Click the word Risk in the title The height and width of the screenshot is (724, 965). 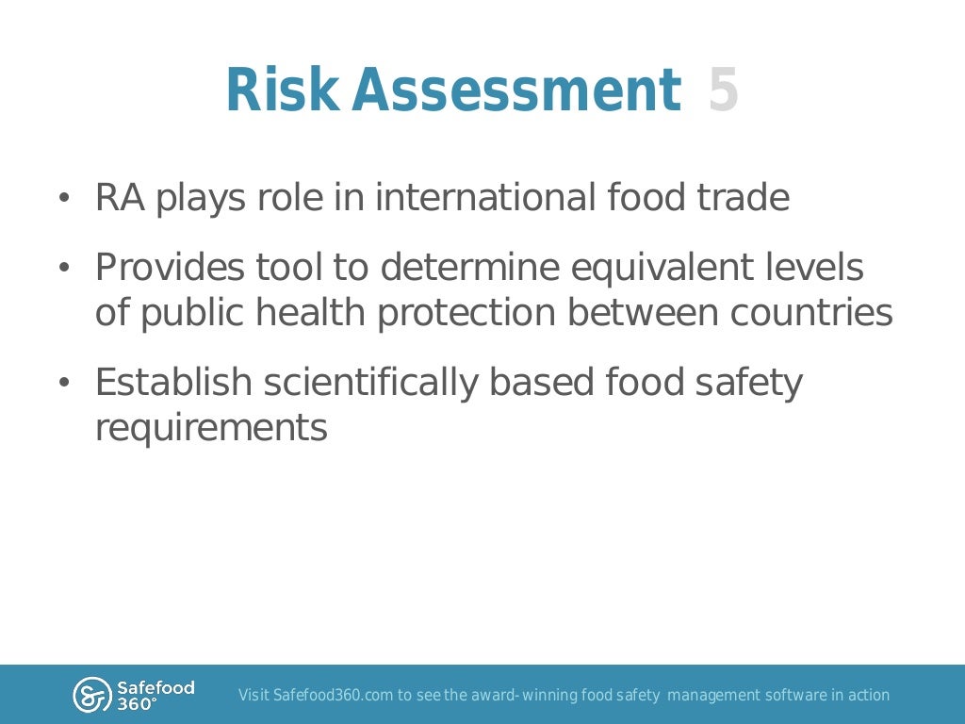coord(281,90)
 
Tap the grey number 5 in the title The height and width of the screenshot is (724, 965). coord(723,90)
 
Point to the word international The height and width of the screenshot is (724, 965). coord(485,198)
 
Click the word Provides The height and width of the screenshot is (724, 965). coord(170,268)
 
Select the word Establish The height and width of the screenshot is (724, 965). coord(173,383)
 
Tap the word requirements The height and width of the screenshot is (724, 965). coord(211,429)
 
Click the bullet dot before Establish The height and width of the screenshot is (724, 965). coord(64,384)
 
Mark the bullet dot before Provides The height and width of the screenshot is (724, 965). coord(64,269)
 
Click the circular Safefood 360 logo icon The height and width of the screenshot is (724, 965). coord(91,695)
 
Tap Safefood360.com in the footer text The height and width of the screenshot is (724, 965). coord(333,696)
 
